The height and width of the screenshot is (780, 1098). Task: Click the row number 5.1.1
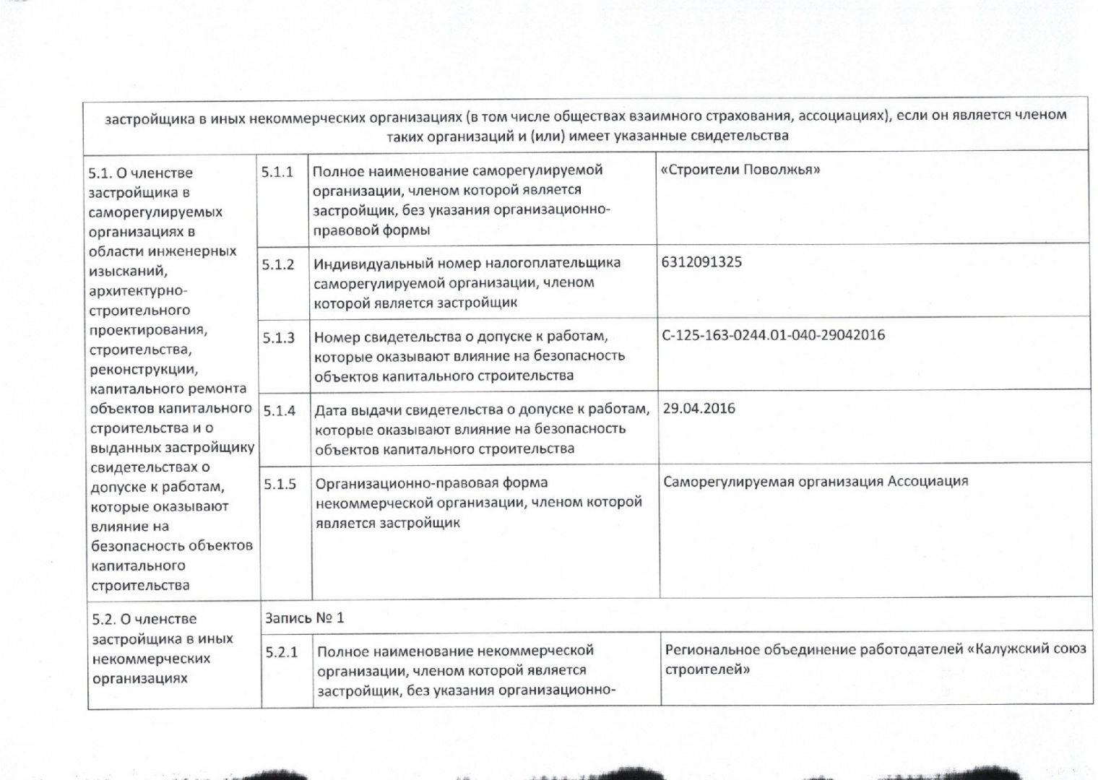click(x=277, y=172)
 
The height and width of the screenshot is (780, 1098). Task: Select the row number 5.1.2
click(x=278, y=264)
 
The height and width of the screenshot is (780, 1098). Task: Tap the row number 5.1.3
click(x=278, y=338)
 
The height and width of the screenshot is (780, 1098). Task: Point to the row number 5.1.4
click(x=279, y=411)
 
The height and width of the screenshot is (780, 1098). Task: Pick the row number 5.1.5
click(x=280, y=484)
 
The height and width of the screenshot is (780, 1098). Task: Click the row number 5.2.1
click(x=281, y=652)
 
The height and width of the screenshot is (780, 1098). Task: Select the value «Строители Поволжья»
click(x=740, y=170)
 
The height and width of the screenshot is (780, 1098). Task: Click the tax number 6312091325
click(x=701, y=262)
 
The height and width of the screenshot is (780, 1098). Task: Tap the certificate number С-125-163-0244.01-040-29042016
click(x=773, y=335)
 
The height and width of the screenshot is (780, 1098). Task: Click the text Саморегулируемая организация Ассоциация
click(x=816, y=482)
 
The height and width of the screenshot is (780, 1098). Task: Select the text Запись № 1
click(x=304, y=618)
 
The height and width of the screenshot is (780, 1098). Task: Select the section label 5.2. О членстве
click(x=144, y=620)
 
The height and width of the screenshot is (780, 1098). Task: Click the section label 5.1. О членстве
click(x=140, y=173)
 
